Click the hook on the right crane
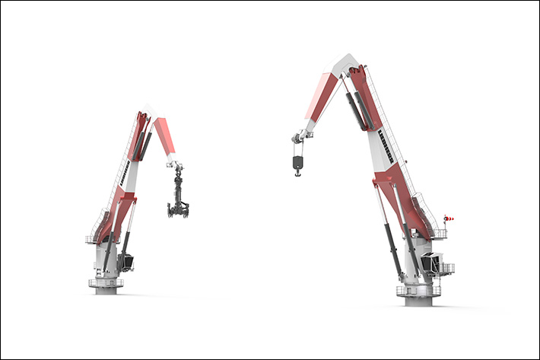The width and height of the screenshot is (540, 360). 297,173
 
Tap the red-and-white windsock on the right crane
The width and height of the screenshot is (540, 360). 449,219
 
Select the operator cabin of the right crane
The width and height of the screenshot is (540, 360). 432,263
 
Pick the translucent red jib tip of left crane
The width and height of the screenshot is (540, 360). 165,135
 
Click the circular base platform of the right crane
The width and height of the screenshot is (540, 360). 418,290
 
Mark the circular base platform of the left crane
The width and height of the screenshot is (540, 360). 106,284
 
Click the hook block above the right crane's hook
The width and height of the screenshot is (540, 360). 297,161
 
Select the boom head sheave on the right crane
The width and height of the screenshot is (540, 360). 298,138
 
